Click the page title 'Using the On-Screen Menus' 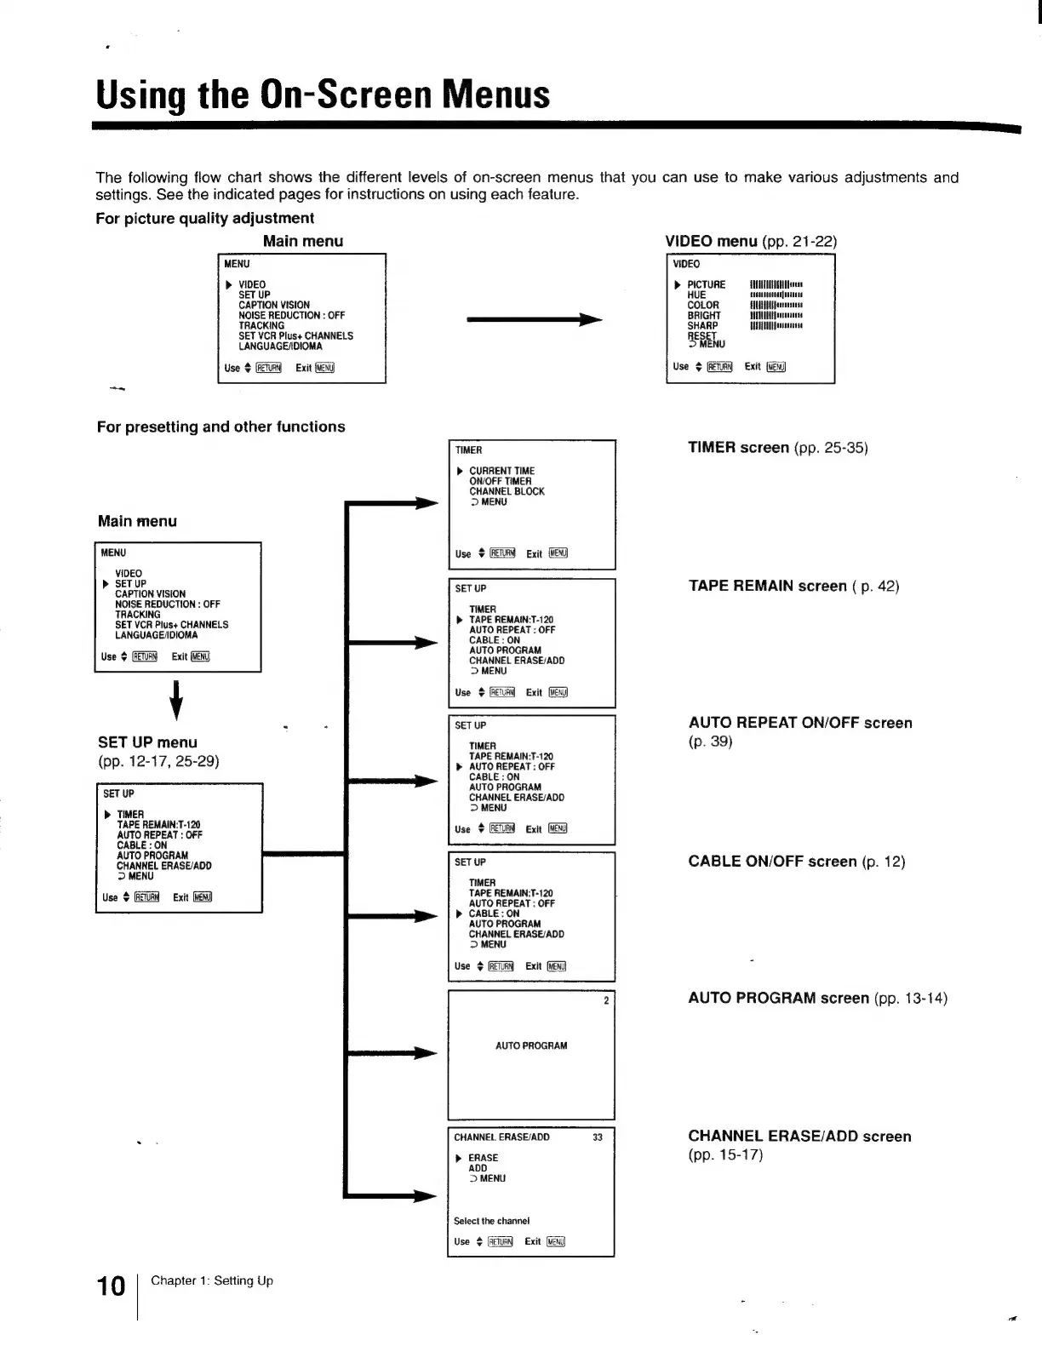click(323, 95)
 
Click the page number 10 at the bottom click(111, 1286)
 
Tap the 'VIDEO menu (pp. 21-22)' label click(751, 241)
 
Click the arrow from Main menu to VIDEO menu click(535, 320)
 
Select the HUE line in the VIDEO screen click(696, 295)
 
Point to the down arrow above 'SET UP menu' click(176, 699)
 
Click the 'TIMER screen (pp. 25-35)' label click(778, 448)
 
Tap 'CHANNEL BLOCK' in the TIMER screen click(507, 491)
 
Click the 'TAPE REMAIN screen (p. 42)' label click(793, 586)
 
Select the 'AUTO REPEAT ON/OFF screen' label click(800, 723)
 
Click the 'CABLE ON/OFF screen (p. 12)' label click(797, 862)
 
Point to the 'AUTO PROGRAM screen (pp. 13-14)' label click(817, 998)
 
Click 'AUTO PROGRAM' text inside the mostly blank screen click(531, 1045)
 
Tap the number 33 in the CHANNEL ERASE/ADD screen click(598, 1137)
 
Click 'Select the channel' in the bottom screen click(491, 1221)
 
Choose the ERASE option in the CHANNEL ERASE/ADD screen click(483, 1158)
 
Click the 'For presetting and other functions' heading click(221, 427)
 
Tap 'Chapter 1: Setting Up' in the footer click(212, 1280)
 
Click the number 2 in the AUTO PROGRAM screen click(606, 1000)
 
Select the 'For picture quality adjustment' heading click(205, 218)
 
